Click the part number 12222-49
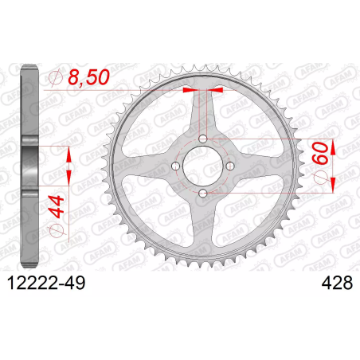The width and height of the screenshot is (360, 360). point(47,283)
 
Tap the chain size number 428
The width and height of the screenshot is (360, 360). point(337,283)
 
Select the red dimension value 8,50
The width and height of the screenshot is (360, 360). point(88,77)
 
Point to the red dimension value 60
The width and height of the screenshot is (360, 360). point(320,153)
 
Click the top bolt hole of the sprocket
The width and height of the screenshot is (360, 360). point(203,139)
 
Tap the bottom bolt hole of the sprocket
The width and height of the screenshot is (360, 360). point(203,194)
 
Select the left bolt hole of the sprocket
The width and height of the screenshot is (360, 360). point(175,166)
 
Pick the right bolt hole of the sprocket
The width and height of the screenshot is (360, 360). point(230,166)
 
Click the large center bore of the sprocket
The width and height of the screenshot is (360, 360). point(203,166)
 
